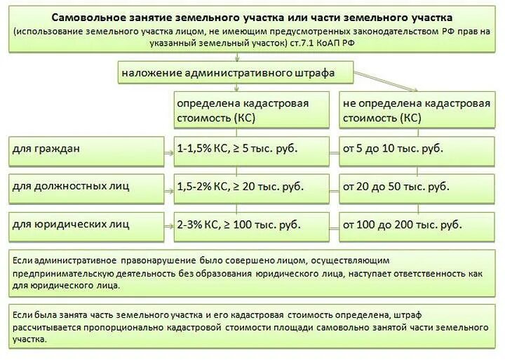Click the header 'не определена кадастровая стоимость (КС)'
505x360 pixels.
(x=417, y=110)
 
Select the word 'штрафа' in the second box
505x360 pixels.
(x=317, y=72)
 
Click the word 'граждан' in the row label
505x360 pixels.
(x=55, y=149)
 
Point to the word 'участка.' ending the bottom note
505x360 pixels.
(x=30, y=340)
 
